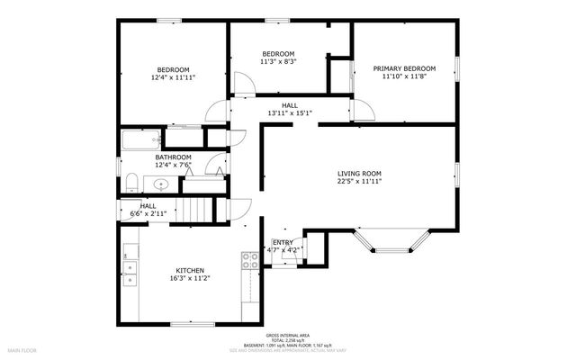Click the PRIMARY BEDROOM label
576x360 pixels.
click(x=404, y=68)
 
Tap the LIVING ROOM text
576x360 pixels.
click(x=359, y=173)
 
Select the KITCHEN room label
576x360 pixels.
click(x=189, y=271)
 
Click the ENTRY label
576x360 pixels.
click(x=283, y=242)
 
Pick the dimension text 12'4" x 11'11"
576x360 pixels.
click(x=175, y=78)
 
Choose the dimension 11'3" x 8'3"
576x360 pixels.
click(x=277, y=62)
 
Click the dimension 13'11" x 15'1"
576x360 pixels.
click(x=289, y=113)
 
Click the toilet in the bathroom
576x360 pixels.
click(x=130, y=184)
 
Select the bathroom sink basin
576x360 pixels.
click(x=161, y=184)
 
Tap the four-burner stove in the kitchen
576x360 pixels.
click(x=249, y=262)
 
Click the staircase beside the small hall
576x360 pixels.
click(x=195, y=212)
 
